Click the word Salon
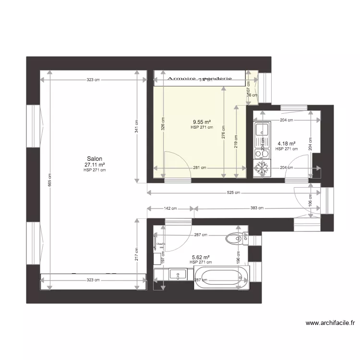[x=94, y=158]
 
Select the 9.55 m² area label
[x=202, y=122]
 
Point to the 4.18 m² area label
[x=287, y=143]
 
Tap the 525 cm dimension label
[x=233, y=193]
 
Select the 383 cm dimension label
[x=257, y=209]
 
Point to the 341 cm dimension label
[x=136, y=126]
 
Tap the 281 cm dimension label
[x=200, y=168]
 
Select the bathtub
[x=221, y=278]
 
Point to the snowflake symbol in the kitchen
[x=262, y=168]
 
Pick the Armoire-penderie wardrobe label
[x=199, y=78]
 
